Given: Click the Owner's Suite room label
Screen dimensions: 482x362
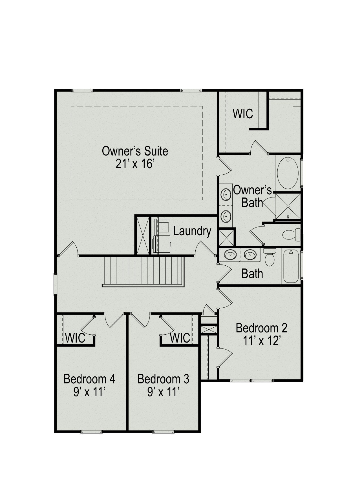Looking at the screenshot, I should click(x=135, y=151).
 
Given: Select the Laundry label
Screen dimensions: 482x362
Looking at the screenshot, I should click(x=192, y=231).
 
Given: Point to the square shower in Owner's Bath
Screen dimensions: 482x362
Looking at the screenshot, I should click(x=288, y=206).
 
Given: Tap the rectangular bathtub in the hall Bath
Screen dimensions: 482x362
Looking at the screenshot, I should click(x=291, y=266).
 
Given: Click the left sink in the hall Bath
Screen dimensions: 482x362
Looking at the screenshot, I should click(x=230, y=255).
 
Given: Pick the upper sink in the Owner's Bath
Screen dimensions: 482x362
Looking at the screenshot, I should click(x=226, y=195).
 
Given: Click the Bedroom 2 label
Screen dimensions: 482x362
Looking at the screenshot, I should click(x=261, y=328).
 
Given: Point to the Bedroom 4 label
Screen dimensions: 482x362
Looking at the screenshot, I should click(x=89, y=379).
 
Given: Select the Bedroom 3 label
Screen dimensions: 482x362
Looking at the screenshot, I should click(x=163, y=379).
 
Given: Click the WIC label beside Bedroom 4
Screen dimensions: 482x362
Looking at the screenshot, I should click(x=75, y=338).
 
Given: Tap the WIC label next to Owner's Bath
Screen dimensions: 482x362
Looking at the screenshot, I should click(x=243, y=114).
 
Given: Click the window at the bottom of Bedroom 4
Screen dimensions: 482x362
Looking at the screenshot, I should click(x=91, y=432).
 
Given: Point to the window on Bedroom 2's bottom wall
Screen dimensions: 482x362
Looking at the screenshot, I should click(x=251, y=381).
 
